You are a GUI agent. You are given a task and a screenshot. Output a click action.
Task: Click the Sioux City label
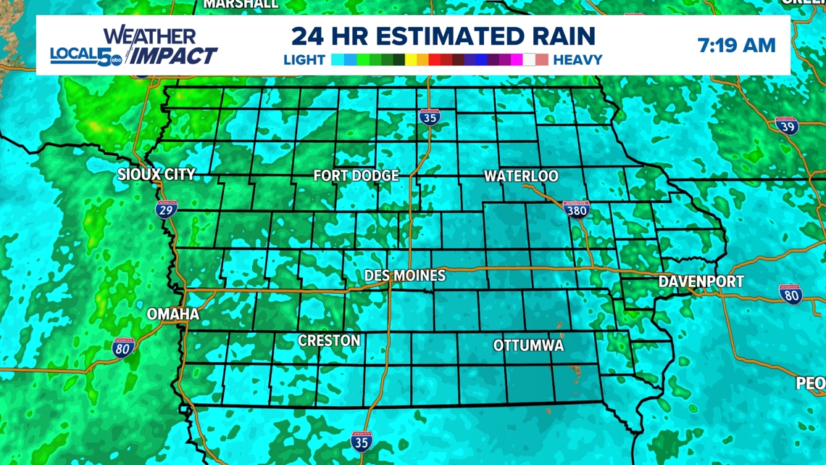click(157, 175)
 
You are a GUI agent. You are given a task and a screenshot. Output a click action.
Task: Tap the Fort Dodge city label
click(356, 176)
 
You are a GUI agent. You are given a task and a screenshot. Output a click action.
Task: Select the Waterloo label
click(521, 176)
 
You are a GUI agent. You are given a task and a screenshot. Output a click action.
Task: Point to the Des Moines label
click(404, 276)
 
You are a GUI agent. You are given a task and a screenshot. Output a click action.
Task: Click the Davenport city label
click(701, 281)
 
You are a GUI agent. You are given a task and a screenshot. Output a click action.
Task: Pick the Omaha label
click(172, 314)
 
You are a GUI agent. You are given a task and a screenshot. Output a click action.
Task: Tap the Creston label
click(329, 341)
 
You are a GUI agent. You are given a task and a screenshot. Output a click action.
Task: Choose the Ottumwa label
click(528, 346)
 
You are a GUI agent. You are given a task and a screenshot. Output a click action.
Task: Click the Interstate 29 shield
click(167, 210)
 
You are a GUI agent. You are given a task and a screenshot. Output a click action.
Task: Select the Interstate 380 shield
click(576, 209)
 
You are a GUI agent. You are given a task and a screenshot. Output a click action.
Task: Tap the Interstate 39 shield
click(786, 126)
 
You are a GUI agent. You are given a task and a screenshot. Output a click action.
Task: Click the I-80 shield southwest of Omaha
click(123, 348)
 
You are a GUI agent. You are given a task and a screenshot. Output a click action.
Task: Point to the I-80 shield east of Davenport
click(790, 294)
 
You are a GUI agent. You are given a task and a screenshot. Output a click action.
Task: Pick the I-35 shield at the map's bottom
click(360, 440)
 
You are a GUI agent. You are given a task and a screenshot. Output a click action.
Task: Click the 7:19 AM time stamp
click(736, 46)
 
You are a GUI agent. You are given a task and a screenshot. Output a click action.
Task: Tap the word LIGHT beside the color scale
click(304, 60)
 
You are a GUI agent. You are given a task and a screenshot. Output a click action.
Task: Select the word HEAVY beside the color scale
click(577, 60)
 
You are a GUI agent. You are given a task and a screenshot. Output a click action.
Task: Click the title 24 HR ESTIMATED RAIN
click(443, 36)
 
